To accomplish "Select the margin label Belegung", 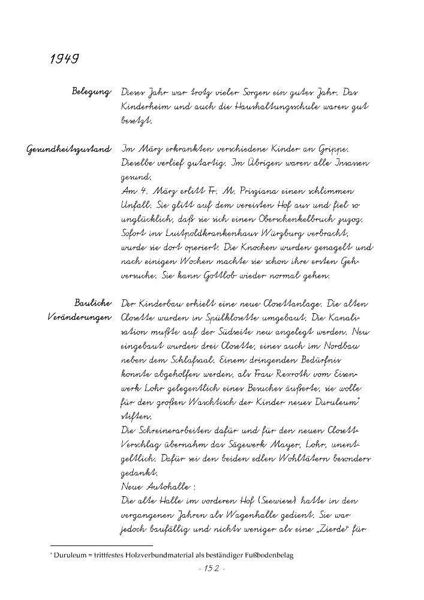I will (x=91, y=92).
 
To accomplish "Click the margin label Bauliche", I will (x=93, y=304).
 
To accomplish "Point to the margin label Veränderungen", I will (x=78, y=319).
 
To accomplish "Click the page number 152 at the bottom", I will (x=211, y=569).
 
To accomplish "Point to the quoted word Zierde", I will (x=334, y=529).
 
